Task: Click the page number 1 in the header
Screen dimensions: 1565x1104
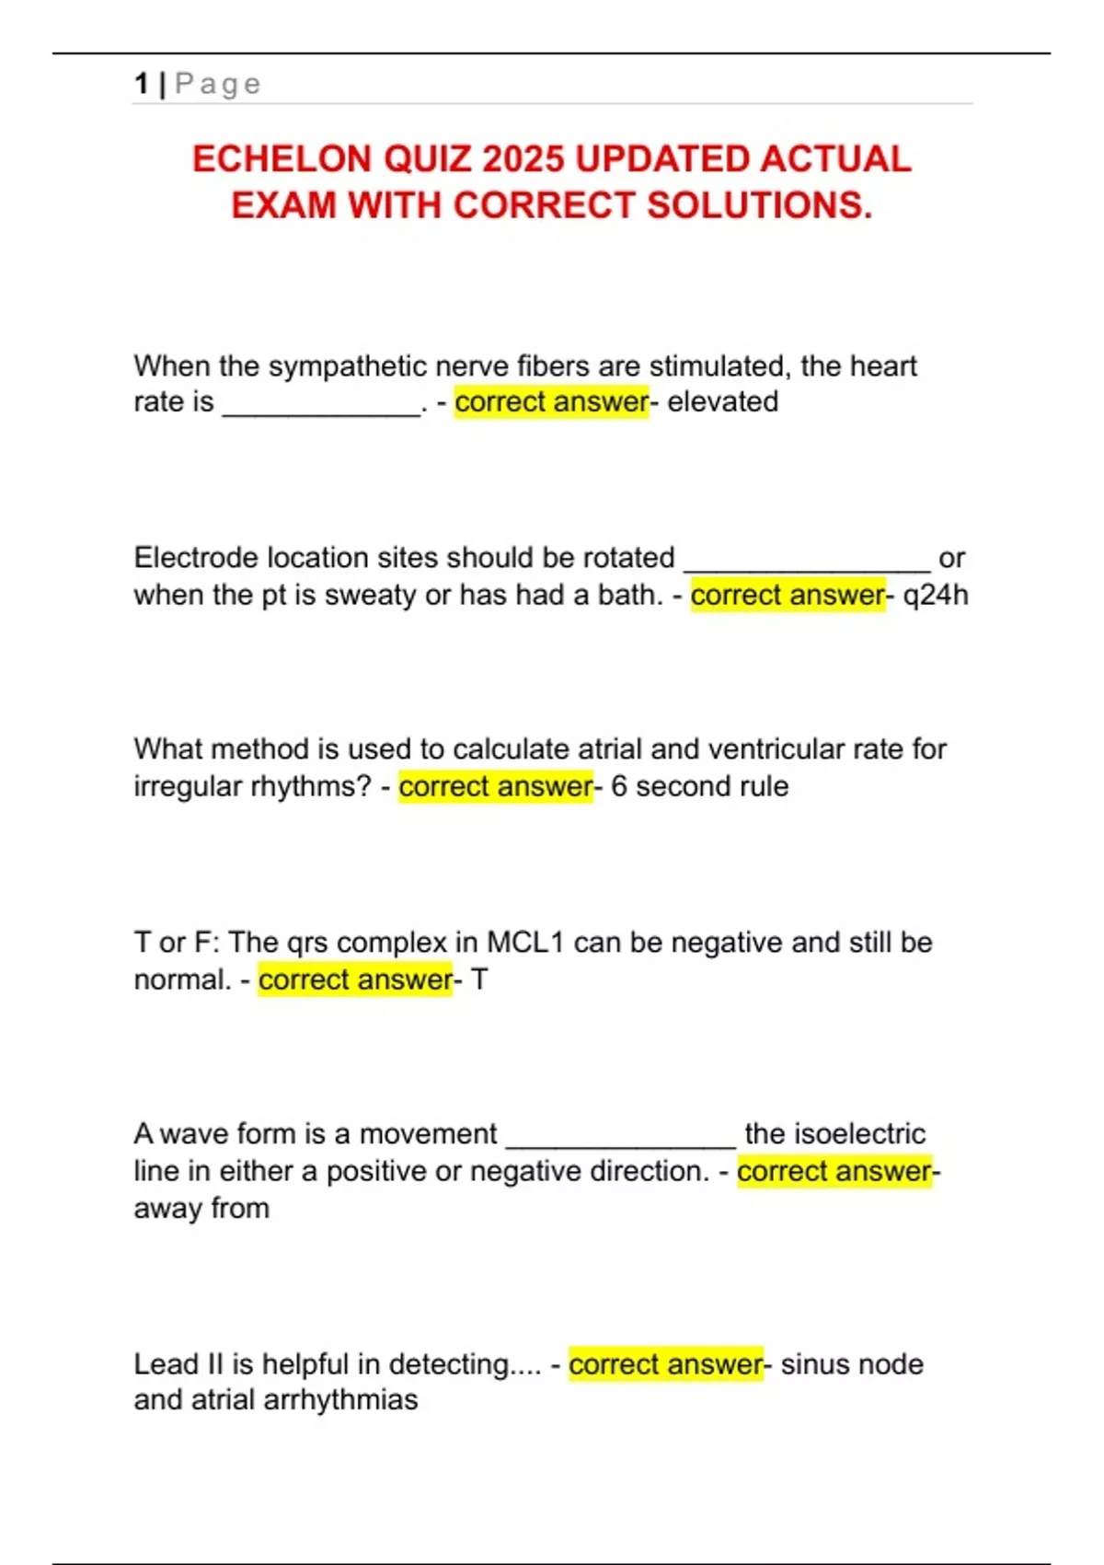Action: [141, 84]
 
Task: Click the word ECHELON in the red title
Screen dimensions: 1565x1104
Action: [282, 159]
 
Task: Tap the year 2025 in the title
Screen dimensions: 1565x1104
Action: [523, 159]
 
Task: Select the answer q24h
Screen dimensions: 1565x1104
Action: [936, 596]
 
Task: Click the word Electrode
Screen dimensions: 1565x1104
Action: [196, 558]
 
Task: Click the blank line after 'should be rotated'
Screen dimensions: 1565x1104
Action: [807, 565]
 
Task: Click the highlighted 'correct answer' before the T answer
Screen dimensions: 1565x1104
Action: [355, 980]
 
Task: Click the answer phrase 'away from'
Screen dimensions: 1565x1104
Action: [201, 1208]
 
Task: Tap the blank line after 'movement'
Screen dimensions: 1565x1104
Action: [621, 1142]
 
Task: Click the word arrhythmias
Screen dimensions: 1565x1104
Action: [340, 1400]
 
